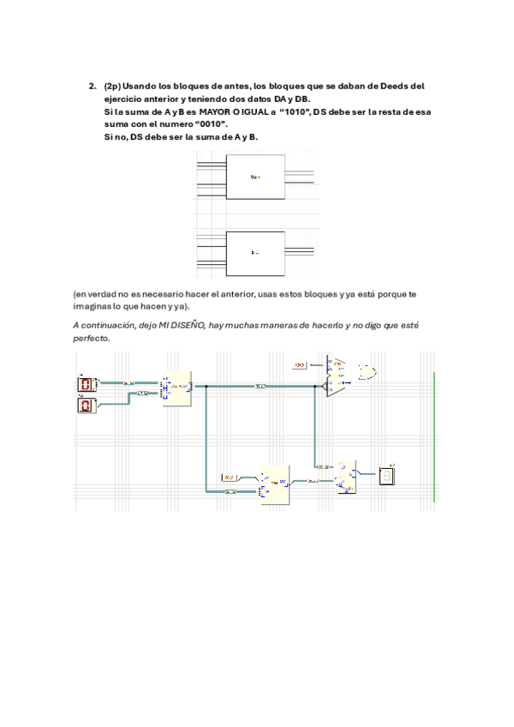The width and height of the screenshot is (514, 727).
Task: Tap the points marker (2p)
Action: [112, 87]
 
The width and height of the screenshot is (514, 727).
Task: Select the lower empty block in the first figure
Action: [254, 253]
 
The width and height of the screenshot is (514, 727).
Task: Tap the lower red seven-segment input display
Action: [86, 406]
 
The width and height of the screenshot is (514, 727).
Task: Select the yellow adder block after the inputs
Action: [177, 388]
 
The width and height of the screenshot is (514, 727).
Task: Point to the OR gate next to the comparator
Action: [369, 373]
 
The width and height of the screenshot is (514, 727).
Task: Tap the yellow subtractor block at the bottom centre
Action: [275, 484]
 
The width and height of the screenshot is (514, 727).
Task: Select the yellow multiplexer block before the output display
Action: [347, 477]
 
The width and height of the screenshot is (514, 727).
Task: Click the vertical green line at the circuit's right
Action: [435, 433]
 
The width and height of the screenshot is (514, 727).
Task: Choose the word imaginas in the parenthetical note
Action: [93, 306]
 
